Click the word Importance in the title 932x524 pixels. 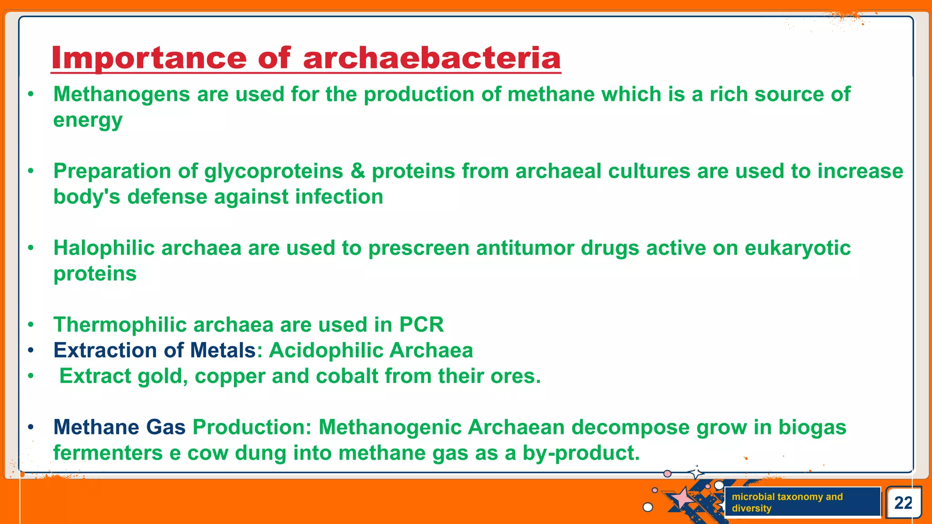click(x=149, y=58)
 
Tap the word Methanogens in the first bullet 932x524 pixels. click(x=122, y=95)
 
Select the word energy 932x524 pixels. click(x=88, y=121)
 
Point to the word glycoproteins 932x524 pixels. click(x=273, y=171)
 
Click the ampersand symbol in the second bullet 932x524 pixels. click(x=358, y=171)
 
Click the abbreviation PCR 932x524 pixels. click(x=421, y=325)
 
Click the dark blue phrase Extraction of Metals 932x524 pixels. click(x=155, y=351)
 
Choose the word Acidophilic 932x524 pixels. click(x=326, y=351)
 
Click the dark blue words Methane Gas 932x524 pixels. click(x=119, y=428)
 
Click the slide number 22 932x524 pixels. click(x=903, y=503)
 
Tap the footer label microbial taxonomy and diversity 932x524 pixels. click(x=787, y=502)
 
